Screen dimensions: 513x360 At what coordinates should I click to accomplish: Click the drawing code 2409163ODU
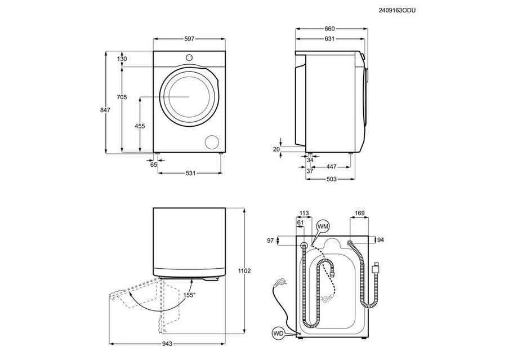(397, 11)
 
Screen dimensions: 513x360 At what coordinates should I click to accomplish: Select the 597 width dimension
(189, 39)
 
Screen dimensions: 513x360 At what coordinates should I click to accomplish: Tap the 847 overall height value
(105, 110)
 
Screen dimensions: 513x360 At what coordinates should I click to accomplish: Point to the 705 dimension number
(122, 97)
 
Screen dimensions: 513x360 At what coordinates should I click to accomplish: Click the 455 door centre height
(140, 126)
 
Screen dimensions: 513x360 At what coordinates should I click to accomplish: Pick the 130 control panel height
(122, 59)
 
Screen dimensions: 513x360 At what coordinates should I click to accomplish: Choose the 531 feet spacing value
(190, 173)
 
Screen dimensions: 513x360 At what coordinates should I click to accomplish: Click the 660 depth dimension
(329, 29)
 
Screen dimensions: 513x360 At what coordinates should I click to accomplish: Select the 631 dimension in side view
(329, 39)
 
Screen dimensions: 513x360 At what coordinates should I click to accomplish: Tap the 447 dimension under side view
(332, 167)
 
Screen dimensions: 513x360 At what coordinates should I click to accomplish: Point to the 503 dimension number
(332, 179)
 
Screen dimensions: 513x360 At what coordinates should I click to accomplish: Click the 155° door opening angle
(189, 295)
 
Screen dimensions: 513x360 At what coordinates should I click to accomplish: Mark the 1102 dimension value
(244, 271)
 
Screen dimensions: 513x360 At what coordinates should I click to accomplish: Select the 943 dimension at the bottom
(167, 344)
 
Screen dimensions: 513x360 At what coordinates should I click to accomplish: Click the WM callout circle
(323, 226)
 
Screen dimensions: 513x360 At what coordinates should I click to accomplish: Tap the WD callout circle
(278, 333)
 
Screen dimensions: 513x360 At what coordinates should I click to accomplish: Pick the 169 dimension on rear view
(359, 214)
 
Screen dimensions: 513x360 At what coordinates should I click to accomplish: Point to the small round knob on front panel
(189, 57)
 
